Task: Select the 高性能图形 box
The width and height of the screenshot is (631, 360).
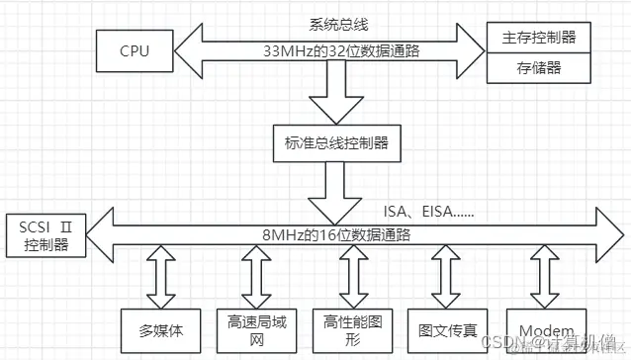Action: click(x=350, y=326)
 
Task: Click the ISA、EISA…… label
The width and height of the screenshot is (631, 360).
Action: click(x=433, y=211)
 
